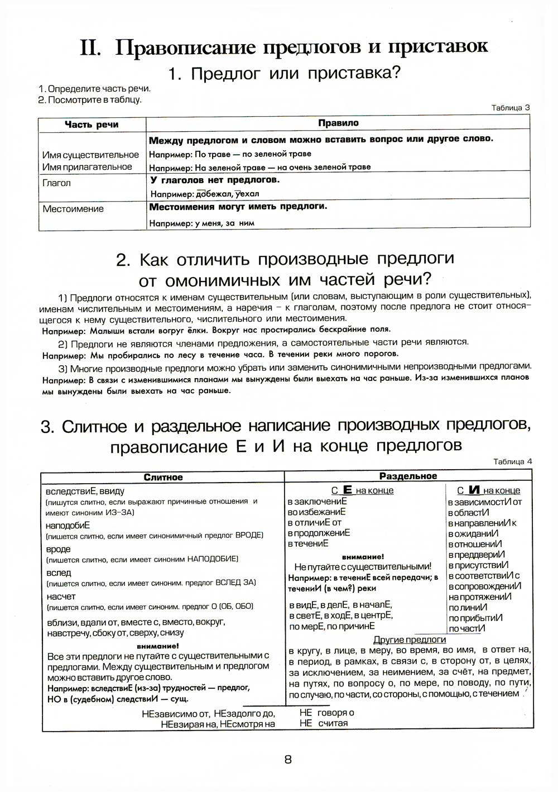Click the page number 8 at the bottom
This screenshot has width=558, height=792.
pos(288,759)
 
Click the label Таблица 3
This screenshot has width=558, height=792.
pos(511,108)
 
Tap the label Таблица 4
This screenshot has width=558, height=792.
pos(513,461)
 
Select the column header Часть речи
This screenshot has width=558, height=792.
pos(92,125)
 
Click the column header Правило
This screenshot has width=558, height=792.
pos(338,123)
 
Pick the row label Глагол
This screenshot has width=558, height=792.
pos(56,183)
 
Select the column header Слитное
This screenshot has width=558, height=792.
pos(163,477)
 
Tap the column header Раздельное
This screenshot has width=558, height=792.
pos(408,476)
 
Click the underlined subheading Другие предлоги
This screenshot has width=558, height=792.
pos(410,640)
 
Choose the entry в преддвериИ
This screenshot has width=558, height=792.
pos(476,555)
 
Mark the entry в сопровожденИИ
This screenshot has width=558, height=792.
pos(484,586)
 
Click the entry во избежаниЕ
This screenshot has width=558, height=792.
pos(317,512)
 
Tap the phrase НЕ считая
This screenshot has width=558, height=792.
pos(324,723)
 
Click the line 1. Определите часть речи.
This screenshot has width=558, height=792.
pos(94,89)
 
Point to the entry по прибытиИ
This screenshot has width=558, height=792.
pos(475,618)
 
